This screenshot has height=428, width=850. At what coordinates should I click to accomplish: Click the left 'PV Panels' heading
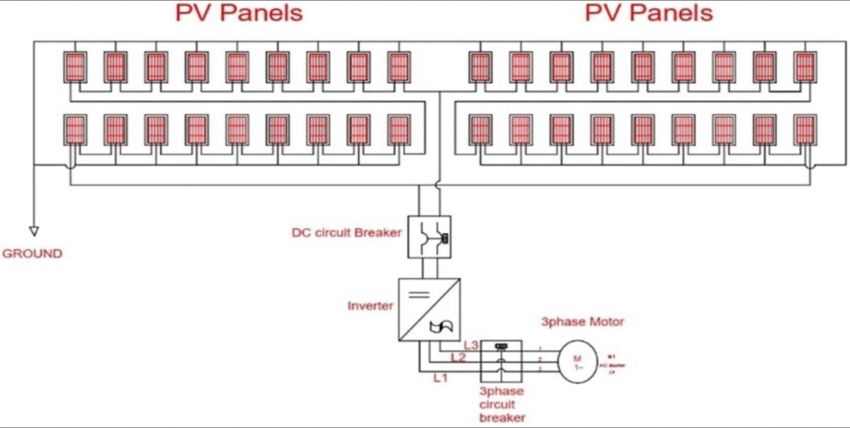click(238, 13)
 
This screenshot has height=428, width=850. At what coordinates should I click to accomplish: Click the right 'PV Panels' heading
click(649, 13)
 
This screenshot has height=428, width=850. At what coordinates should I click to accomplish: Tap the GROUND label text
click(33, 253)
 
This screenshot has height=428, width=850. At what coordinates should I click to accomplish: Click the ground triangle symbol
click(33, 230)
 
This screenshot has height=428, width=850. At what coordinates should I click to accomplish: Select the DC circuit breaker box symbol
click(429, 237)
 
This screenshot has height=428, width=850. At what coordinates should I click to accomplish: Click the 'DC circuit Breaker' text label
click(346, 232)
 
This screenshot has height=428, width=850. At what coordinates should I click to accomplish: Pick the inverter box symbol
click(429, 310)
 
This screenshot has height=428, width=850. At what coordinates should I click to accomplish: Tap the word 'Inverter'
click(370, 306)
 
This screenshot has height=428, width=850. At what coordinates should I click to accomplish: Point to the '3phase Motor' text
click(583, 322)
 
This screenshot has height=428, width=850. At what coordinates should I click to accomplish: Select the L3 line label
click(471, 345)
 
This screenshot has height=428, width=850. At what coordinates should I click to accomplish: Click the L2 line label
click(458, 358)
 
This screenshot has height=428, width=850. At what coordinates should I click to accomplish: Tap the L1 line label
click(441, 378)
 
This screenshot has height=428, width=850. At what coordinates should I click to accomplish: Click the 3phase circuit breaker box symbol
click(501, 361)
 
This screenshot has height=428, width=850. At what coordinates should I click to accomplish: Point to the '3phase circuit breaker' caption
click(501, 404)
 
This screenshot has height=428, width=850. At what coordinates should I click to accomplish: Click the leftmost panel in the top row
click(75, 67)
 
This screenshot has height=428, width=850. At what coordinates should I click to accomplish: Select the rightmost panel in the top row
click(805, 67)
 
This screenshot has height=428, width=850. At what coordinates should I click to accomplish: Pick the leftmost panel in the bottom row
click(75, 130)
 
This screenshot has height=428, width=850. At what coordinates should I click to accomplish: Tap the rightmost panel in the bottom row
click(805, 130)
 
